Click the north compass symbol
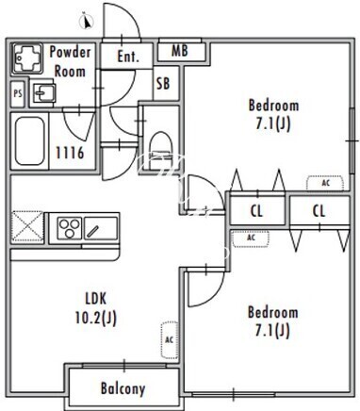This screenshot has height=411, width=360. (87, 22)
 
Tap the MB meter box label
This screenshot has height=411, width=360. (180, 51)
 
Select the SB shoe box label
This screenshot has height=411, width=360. (163, 84)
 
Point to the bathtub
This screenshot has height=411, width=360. (30, 140)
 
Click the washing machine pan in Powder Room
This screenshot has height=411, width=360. (27, 58)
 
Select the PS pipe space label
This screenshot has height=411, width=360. (18, 93)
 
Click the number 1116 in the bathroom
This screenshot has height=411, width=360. (70, 153)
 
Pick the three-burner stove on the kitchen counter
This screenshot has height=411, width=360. (70, 228)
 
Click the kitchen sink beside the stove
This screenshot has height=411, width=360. (101, 228)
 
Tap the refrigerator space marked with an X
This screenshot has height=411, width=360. (27, 227)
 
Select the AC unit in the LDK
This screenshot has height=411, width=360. (169, 340)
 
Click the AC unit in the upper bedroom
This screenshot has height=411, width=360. (325, 183)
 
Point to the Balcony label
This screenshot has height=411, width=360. (123, 388)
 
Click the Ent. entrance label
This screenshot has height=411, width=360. (128, 57)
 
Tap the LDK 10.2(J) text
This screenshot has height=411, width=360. (96, 308)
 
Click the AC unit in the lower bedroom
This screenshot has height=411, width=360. (251, 238)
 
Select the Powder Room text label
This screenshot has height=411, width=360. (70, 61)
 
